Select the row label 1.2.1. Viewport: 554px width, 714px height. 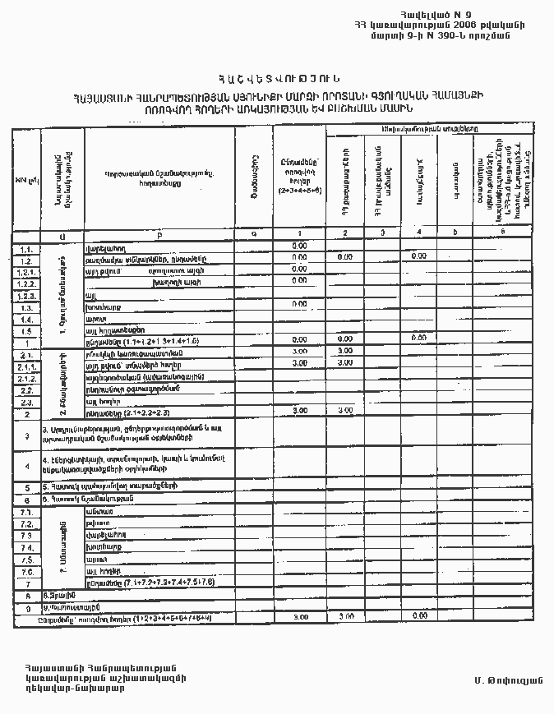[27, 270]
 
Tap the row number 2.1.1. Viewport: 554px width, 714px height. [27, 365]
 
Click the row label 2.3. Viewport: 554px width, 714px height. [27, 403]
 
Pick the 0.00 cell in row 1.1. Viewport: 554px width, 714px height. [299, 246]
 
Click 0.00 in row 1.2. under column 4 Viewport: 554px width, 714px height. [419, 257]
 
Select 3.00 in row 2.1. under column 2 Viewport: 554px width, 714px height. [346, 351]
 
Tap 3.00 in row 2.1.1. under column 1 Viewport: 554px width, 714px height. [299, 362]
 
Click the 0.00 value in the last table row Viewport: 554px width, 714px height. [419, 615]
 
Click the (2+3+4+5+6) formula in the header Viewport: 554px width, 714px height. [299, 191]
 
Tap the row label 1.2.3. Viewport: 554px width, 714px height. [27, 295]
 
